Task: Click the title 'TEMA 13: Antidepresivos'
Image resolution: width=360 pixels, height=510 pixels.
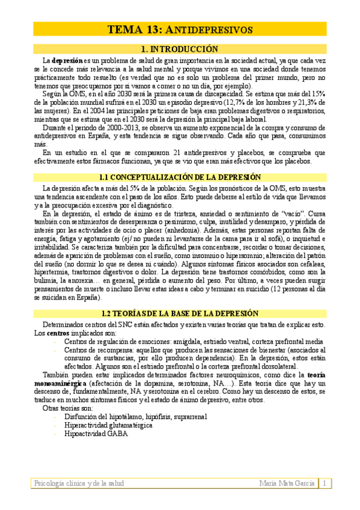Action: (x=180, y=29)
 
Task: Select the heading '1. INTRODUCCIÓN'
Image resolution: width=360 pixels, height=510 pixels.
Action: (x=180, y=49)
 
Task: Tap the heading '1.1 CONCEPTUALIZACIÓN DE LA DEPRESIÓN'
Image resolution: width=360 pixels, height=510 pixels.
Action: (x=180, y=177)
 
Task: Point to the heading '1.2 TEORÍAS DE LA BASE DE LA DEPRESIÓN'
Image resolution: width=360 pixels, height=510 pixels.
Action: (x=180, y=314)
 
